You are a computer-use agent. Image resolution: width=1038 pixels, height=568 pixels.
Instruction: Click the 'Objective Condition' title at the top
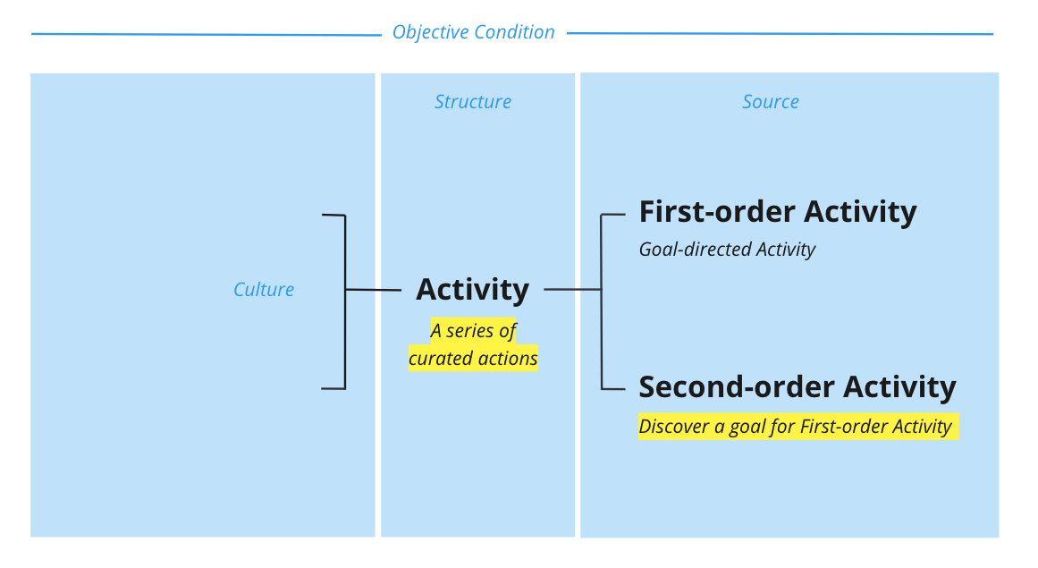(473, 32)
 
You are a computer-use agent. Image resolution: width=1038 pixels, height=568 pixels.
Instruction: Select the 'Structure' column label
(473, 102)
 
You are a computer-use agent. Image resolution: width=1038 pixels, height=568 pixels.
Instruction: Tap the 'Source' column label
(771, 102)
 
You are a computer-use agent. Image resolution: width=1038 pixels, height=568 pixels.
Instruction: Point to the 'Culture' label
(264, 290)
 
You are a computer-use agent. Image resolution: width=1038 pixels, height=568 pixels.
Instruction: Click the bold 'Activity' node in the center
(472, 290)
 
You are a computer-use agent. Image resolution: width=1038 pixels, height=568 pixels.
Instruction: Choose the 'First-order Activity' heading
(777, 212)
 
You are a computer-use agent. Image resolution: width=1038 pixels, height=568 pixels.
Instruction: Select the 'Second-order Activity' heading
(797, 386)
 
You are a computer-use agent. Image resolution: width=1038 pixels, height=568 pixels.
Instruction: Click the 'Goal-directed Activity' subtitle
(727, 250)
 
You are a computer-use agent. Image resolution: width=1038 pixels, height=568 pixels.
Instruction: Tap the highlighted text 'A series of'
(473, 331)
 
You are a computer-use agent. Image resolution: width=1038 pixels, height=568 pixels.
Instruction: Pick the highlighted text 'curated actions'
(473, 359)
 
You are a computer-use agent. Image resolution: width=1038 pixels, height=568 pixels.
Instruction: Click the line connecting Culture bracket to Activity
(373, 290)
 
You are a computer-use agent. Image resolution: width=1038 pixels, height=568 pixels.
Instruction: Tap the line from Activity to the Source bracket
(572, 290)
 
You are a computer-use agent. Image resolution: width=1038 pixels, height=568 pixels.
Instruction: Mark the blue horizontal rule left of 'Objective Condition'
(206, 35)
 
